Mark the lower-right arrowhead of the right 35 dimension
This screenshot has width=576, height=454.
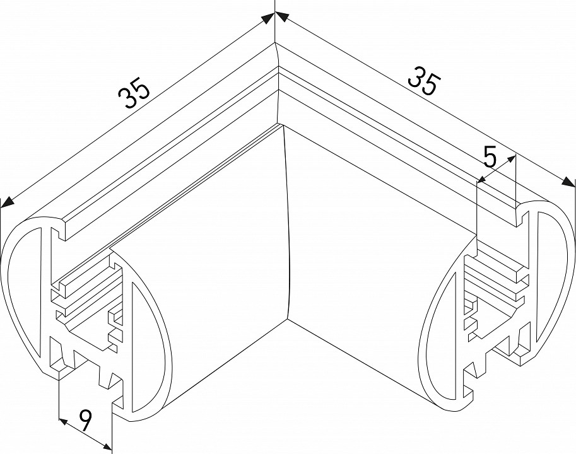tap(569, 182)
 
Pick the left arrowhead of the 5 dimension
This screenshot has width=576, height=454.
tap(480, 182)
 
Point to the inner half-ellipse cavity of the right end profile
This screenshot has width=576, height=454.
tap(442, 315)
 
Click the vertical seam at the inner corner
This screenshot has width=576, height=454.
tap(287, 221)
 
